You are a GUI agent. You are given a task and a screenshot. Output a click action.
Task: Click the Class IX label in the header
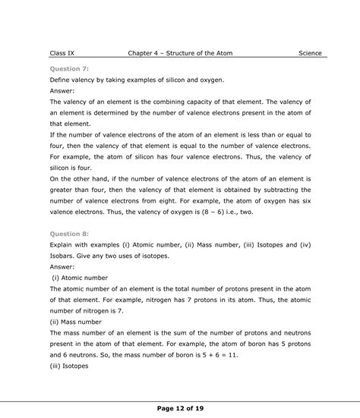click(x=62, y=53)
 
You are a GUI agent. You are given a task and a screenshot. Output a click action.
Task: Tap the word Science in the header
click(x=310, y=53)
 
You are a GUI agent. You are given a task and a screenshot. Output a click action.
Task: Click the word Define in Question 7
click(x=62, y=79)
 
